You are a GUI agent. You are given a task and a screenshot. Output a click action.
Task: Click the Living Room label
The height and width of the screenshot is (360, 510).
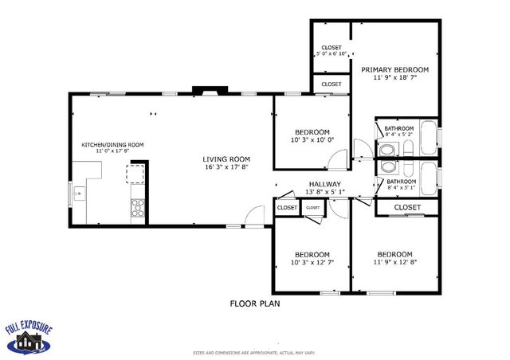(x=226, y=158)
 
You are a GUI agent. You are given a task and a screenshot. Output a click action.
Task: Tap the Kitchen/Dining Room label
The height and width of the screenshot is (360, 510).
(x=112, y=144)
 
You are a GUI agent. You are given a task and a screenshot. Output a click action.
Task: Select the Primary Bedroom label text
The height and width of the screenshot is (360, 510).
(x=394, y=70)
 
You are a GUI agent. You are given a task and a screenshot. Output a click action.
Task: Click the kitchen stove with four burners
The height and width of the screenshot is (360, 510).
(x=137, y=207)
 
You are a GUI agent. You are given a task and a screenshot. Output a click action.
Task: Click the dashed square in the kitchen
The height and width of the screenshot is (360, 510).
(x=137, y=174)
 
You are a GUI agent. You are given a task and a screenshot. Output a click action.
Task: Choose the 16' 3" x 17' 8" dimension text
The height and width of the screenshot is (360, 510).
(x=226, y=167)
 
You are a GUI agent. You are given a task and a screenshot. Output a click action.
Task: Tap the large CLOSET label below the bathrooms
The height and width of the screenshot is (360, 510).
(x=407, y=207)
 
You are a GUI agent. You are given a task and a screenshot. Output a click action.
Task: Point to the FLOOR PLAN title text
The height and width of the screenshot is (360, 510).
(x=254, y=303)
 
